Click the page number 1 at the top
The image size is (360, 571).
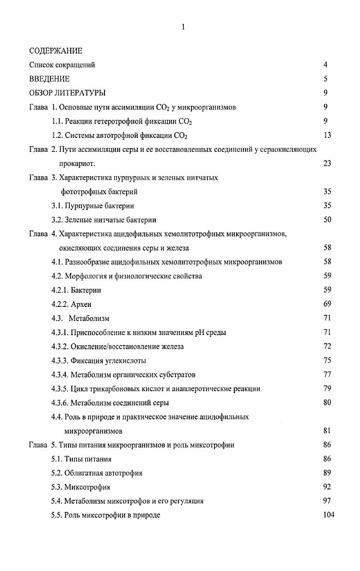pyautogui.click(x=183, y=27)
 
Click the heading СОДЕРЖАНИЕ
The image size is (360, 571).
pyautogui.click(x=56, y=50)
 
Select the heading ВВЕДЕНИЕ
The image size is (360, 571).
pyautogui.click(x=50, y=79)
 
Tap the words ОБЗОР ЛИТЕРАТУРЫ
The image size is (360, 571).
pyautogui.click(x=68, y=93)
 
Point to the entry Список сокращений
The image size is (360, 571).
pyautogui.click(x=62, y=65)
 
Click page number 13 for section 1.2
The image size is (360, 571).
pyautogui.click(x=327, y=135)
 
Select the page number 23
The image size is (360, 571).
pyautogui.click(x=327, y=163)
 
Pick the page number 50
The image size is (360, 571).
pyautogui.click(x=327, y=220)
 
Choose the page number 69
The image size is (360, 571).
pyautogui.click(x=327, y=304)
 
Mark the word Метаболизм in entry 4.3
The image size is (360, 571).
pyautogui.click(x=89, y=318)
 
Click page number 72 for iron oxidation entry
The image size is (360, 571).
pyautogui.click(x=327, y=347)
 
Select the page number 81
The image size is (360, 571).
pyautogui.click(x=327, y=431)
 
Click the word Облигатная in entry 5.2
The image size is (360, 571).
pyautogui.click(x=84, y=473)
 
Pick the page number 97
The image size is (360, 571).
pyautogui.click(x=327, y=501)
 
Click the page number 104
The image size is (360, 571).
pyautogui.click(x=328, y=515)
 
